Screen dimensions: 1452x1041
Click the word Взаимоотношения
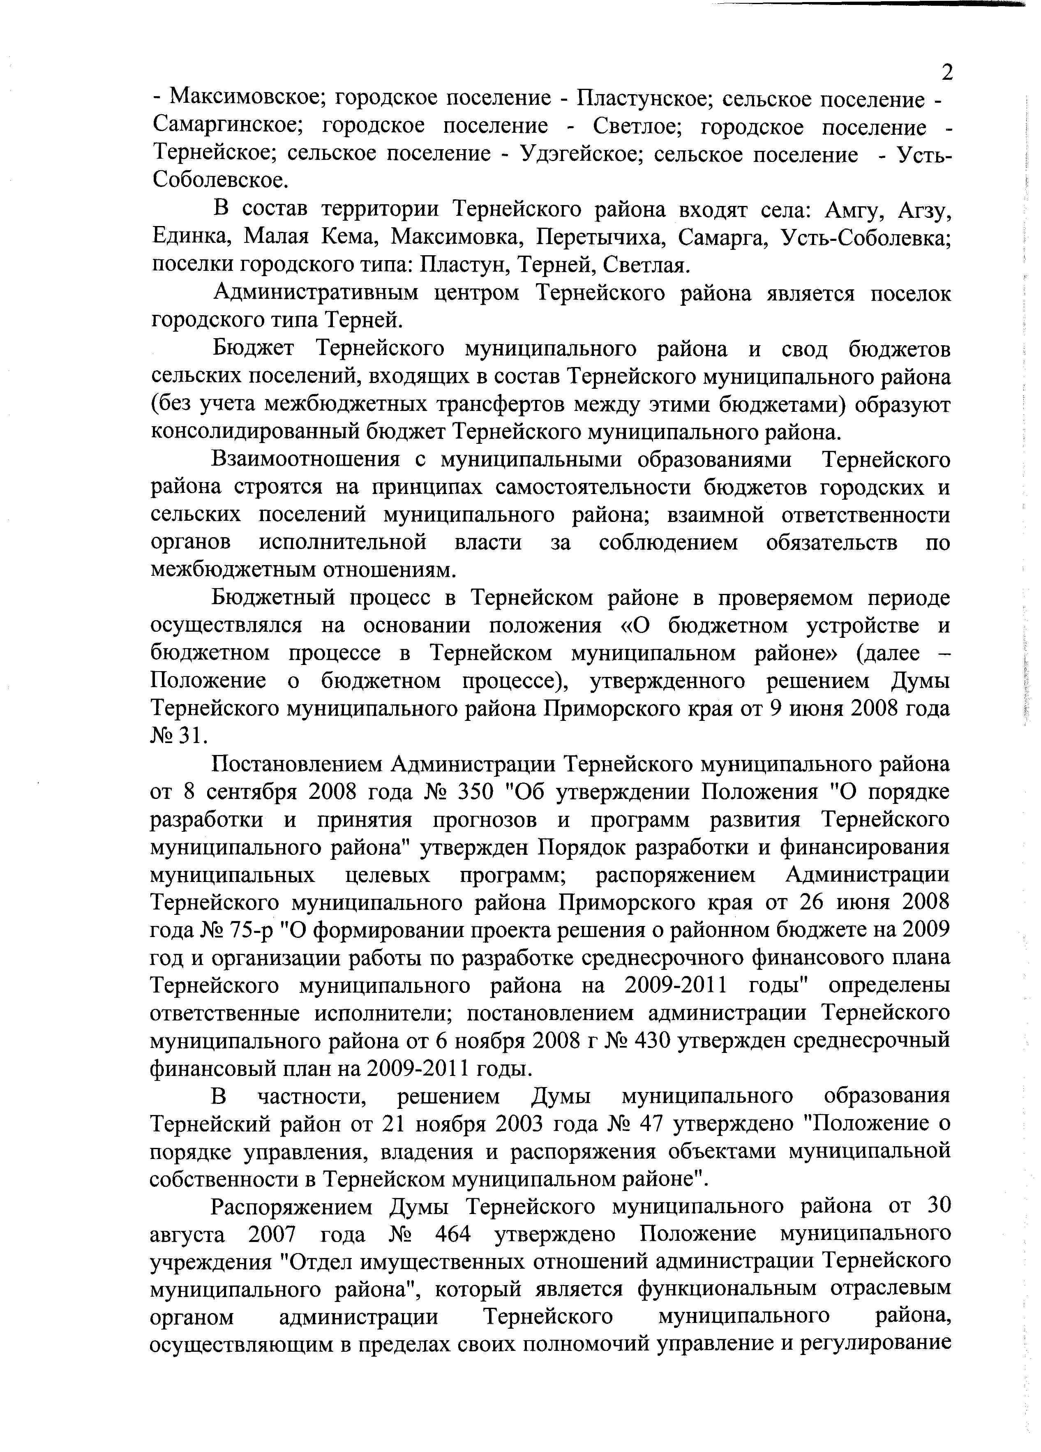pyautogui.click(x=307, y=459)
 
